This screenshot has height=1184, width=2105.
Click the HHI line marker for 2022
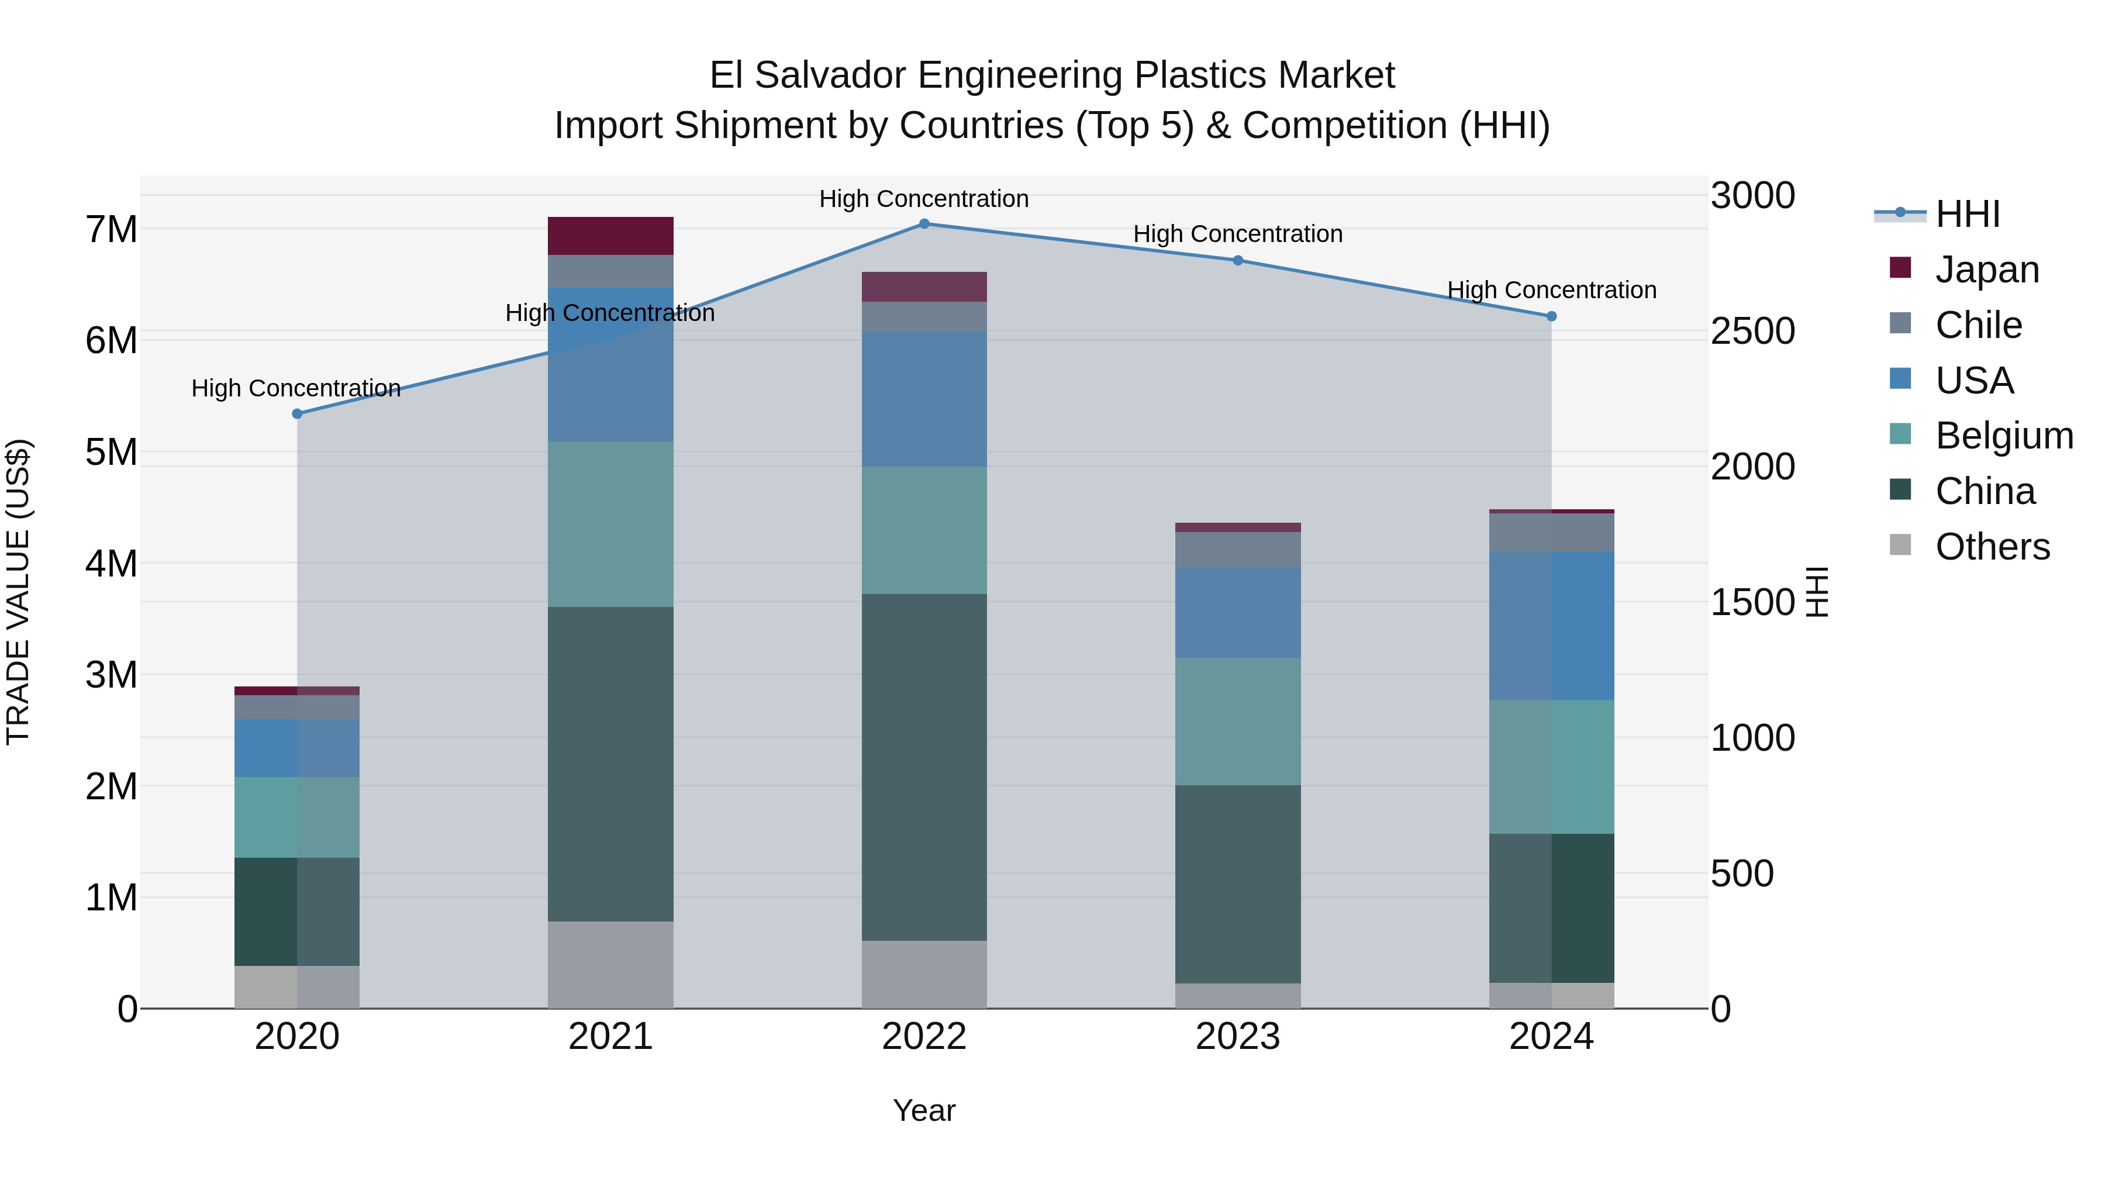(x=924, y=223)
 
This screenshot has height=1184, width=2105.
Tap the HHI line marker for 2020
(x=298, y=413)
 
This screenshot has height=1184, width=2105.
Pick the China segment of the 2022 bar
(x=924, y=767)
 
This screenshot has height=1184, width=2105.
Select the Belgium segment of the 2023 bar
(x=1237, y=721)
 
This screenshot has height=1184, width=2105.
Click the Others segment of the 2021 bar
(x=610, y=964)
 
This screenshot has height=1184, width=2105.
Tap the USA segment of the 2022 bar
(x=924, y=399)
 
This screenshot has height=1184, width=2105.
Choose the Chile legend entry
(x=1978, y=325)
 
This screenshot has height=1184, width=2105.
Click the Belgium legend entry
(x=2004, y=436)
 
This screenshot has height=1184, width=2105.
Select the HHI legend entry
(x=1967, y=214)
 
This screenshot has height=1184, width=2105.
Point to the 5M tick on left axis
(x=112, y=452)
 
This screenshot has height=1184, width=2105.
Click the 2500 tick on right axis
(x=1753, y=331)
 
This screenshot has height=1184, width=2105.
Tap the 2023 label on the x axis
(x=1237, y=1037)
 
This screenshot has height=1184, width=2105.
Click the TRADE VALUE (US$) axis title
(x=18, y=592)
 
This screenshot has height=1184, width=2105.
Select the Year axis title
(x=924, y=1110)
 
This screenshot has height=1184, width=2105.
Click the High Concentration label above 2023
(x=1237, y=234)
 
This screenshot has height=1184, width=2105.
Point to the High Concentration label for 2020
(x=296, y=388)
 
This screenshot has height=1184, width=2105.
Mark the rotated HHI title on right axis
(x=1817, y=592)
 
